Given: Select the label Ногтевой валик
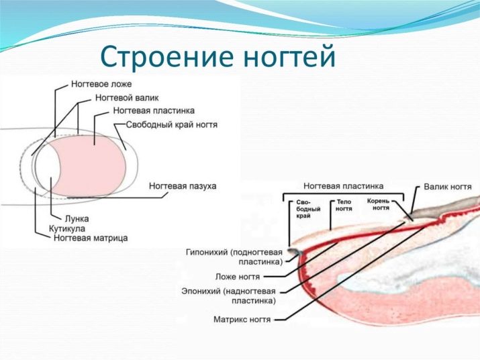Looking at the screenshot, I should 127,98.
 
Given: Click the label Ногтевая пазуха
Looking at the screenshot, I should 183,185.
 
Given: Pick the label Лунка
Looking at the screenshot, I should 75,219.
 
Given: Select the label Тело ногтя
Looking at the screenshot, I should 344,205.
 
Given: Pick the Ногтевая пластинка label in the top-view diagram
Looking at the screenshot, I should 154,111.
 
